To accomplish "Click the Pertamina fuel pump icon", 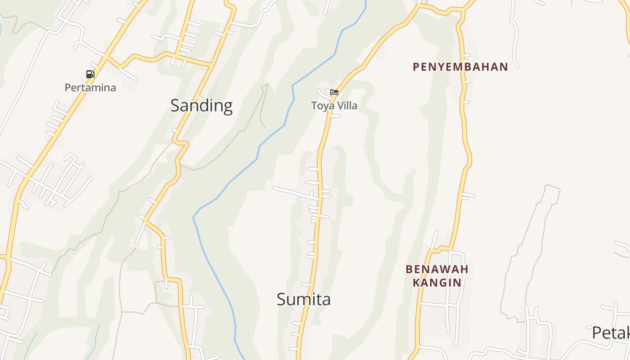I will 90,74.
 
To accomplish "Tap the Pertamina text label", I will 90,87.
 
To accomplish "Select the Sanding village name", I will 201,106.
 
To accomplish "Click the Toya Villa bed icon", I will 334,92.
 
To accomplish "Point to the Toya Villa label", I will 334,106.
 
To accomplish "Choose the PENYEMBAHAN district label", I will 460,67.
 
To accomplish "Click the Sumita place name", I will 304,300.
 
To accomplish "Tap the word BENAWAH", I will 437,269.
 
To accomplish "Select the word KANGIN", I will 437,283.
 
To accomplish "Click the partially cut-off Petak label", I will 611,333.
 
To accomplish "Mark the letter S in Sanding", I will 175,106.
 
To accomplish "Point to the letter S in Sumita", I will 281,300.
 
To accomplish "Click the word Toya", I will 320,106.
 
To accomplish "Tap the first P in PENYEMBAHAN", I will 416,67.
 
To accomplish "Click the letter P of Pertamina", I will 68,87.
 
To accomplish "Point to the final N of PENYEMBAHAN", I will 504,67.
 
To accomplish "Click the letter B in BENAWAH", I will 409,269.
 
